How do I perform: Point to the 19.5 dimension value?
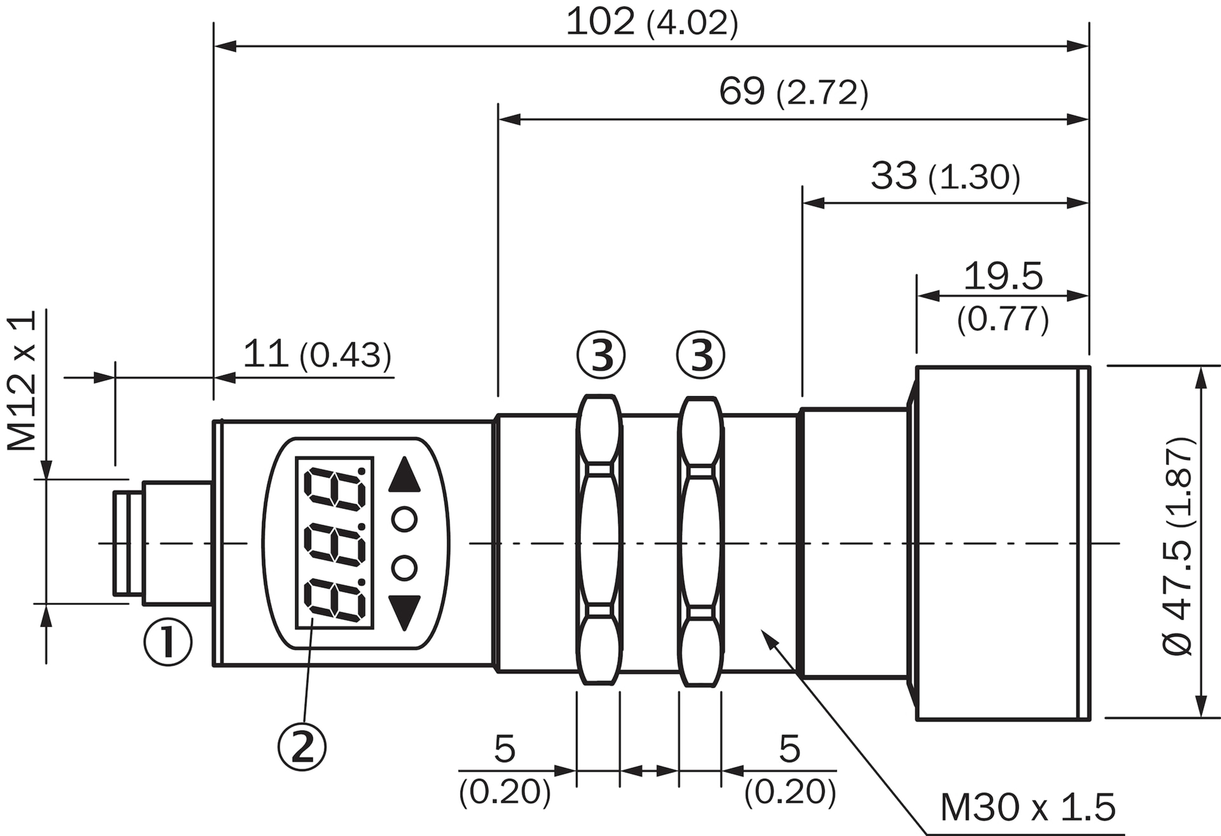pyautogui.click(x=1003, y=276)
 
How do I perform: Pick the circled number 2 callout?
pyautogui.click(x=302, y=747)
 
